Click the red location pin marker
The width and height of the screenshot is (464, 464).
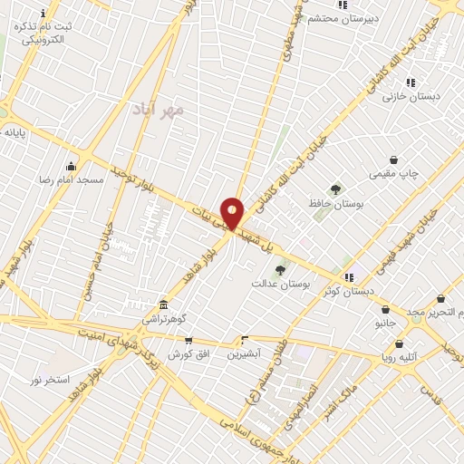coord(232,214)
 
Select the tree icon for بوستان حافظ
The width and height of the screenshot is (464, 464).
coord(336,189)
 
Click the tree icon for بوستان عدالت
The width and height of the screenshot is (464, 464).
coord(280,269)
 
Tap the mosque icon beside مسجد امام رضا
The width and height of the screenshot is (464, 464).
coord(71,166)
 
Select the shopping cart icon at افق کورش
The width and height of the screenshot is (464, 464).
coord(188,341)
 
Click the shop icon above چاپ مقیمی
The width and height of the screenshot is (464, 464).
coord(393,159)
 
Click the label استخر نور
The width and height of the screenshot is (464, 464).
coord(50,378)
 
